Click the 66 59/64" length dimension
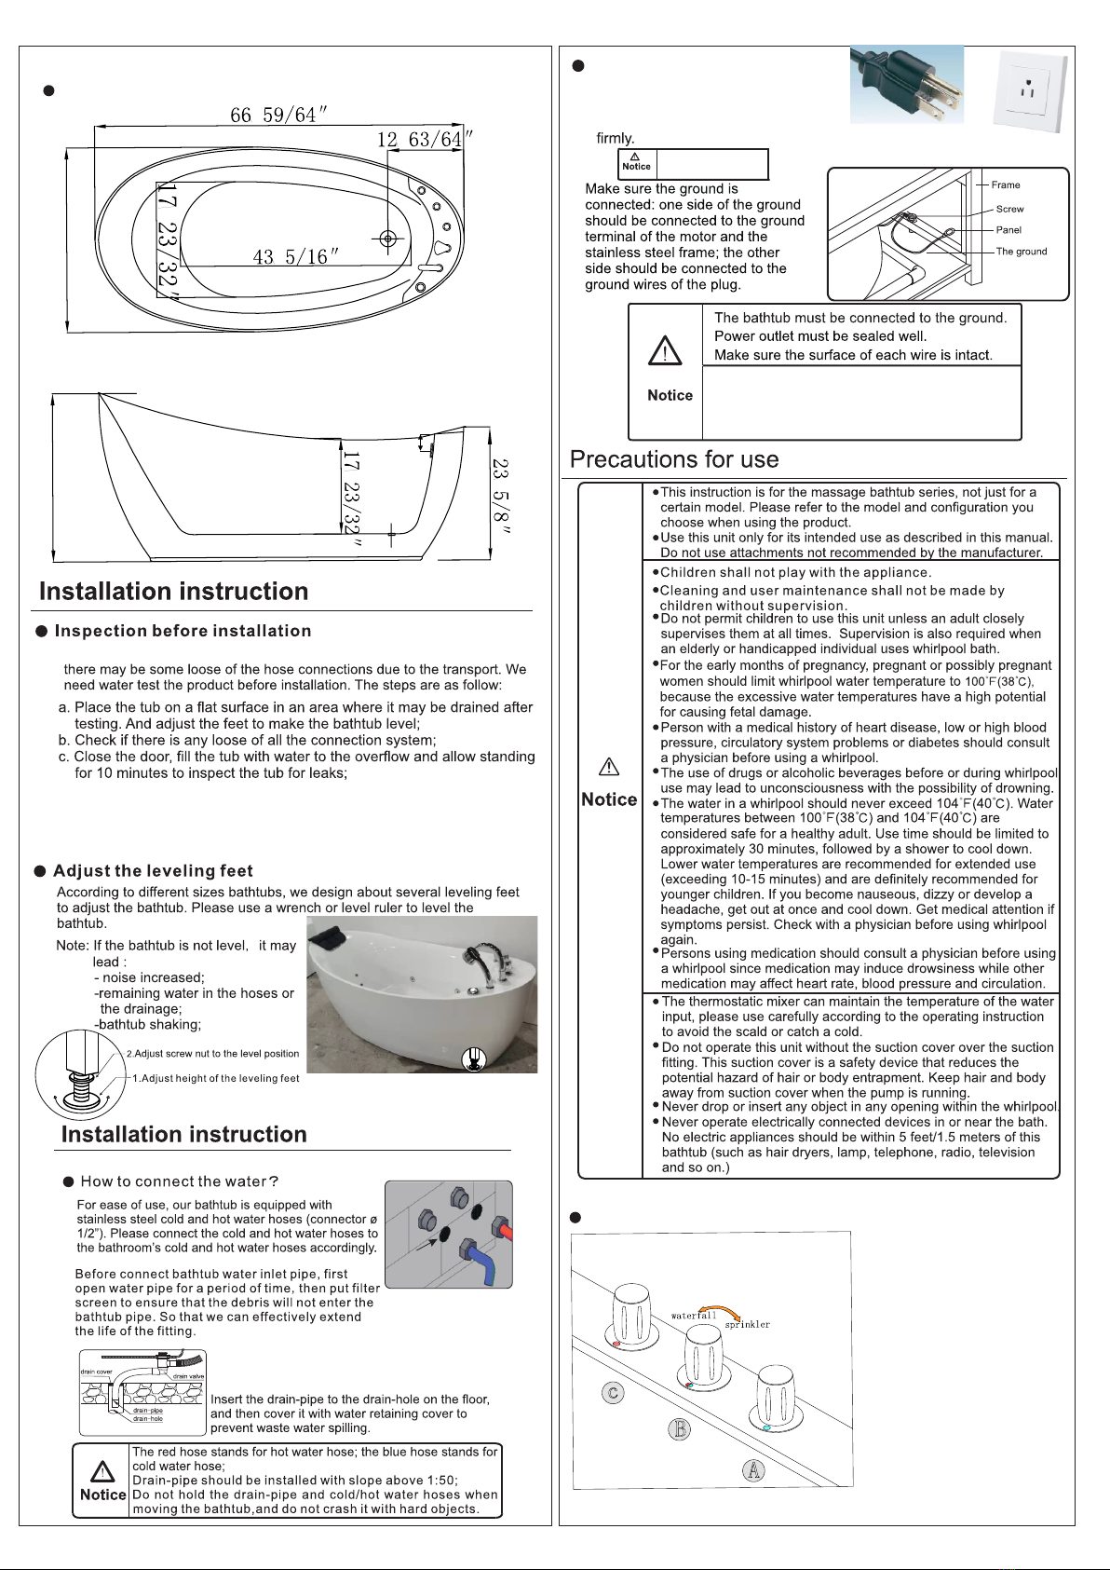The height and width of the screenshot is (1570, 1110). pyautogui.click(x=278, y=115)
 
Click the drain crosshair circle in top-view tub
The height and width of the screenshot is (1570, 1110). pyautogui.click(x=389, y=239)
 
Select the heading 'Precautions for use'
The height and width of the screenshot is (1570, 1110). pyautogui.click(x=674, y=459)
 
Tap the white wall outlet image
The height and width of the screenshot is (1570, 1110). pyautogui.click(x=1029, y=91)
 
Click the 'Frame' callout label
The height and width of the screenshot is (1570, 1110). pyautogui.click(x=1006, y=185)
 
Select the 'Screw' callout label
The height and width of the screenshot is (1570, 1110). pyautogui.click(x=1009, y=210)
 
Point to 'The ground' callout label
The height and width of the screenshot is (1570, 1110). pyautogui.click(x=1021, y=252)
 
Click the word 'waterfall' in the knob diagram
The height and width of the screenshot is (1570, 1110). pyautogui.click(x=694, y=1316)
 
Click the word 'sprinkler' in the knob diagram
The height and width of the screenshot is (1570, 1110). pyautogui.click(x=747, y=1325)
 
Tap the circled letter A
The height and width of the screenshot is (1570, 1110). pyautogui.click(x=753, y=1471)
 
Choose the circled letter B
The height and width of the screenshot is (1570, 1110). pyautogui.click(x=681, y=1428)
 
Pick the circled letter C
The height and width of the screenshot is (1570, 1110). pyautogui.click(x=612, y=1394)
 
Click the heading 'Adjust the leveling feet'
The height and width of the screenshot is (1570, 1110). pyautogui.click(x=153, y=871)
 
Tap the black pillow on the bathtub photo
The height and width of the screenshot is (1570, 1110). pyautogui.click(x=332, y=943)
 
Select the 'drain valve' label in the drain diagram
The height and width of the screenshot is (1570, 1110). pyautogui.click(x=188, y=1376)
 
